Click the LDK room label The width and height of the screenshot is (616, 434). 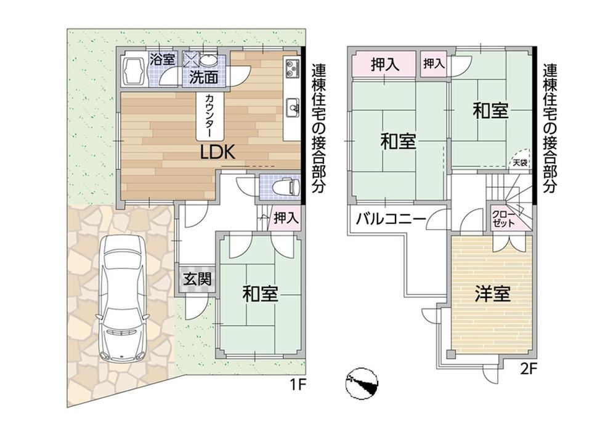217,152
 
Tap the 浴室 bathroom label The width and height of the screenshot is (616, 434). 162,60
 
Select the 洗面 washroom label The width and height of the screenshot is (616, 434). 204,77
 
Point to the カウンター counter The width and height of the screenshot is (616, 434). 210,116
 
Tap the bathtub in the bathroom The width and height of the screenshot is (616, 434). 133,71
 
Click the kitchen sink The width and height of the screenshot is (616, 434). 293,106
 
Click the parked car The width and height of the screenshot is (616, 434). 122,298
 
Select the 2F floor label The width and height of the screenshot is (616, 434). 529,369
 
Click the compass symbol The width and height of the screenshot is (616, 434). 362,384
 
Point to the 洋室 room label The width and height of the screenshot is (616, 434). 493,294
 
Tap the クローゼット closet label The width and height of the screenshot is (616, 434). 503,219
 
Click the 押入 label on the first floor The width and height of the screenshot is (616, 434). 286,218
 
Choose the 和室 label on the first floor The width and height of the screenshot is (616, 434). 260,294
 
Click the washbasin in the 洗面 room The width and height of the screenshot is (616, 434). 206,61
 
